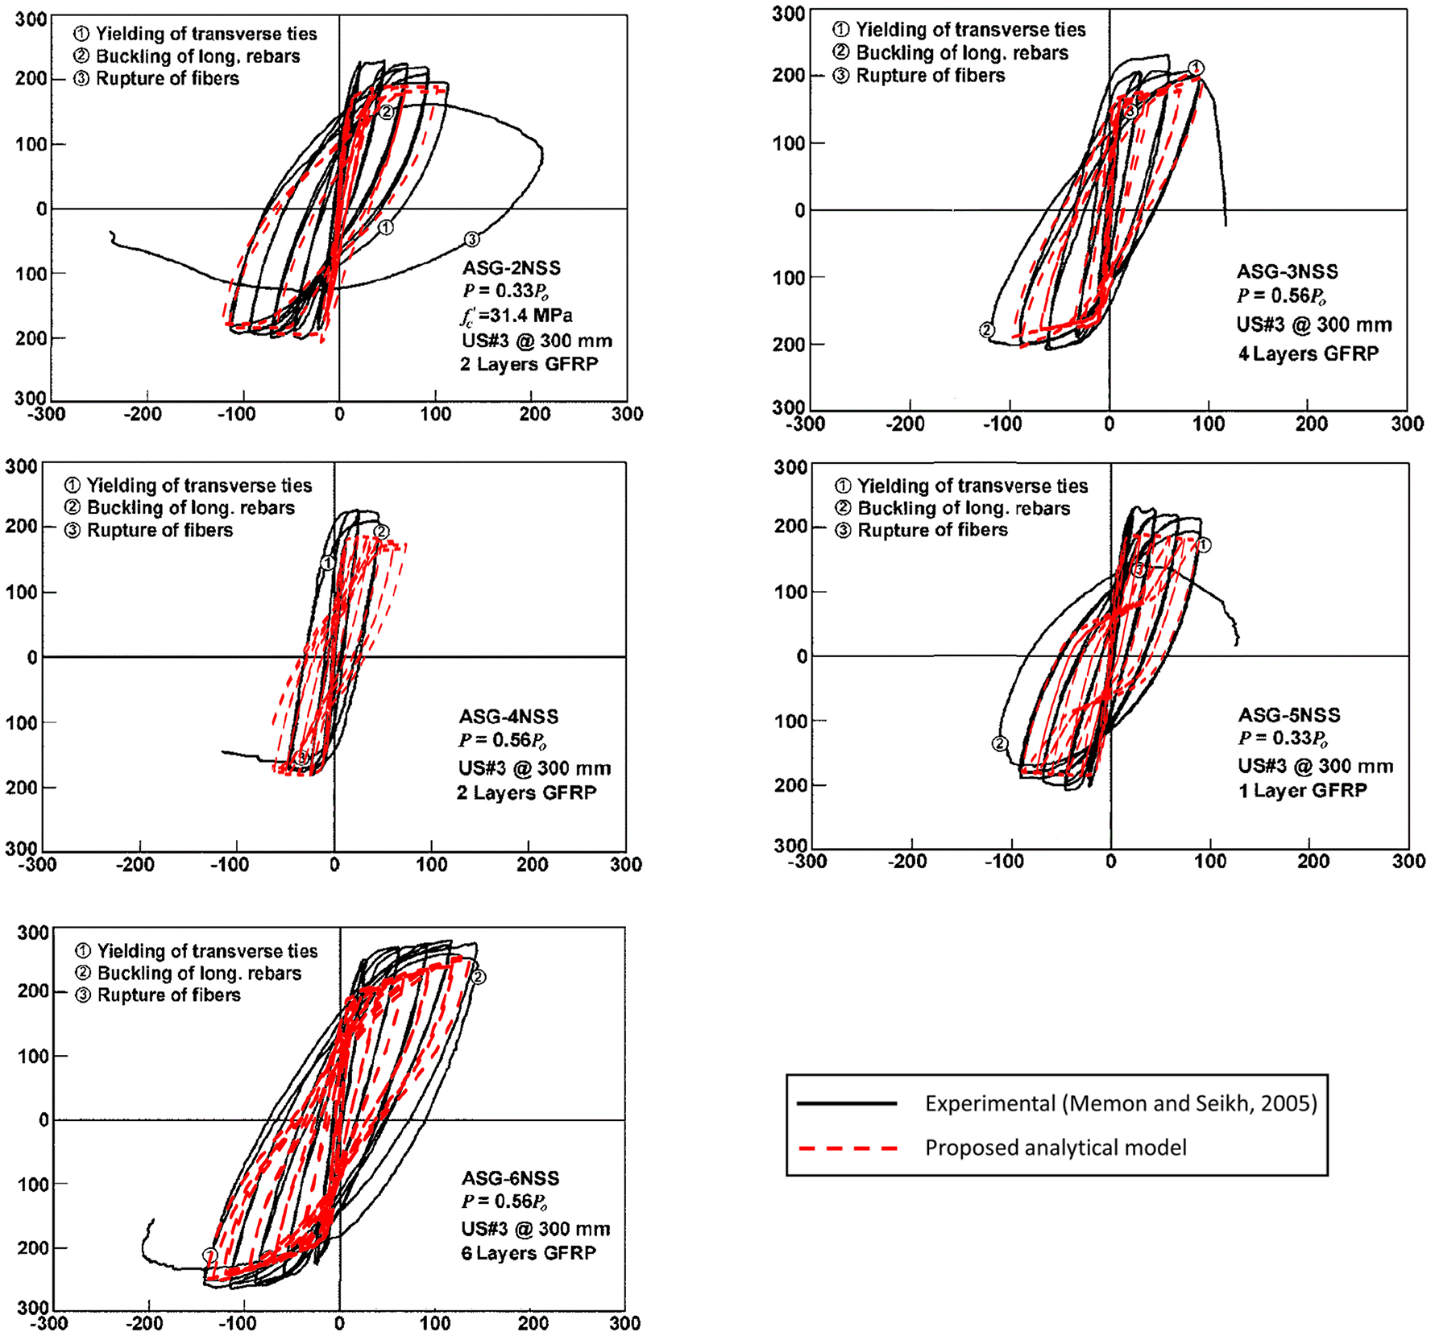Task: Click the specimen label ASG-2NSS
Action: click(x=511, y=268)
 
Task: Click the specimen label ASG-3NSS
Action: click(x=1287, y=271)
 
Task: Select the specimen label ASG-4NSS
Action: click(x=508, y=717)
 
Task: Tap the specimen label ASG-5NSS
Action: click(x=1289, y=715)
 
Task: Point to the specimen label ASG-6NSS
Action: click(x=510, y=1178)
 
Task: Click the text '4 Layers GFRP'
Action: click(x=1309, y=354)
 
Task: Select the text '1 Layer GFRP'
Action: click(x=1302, y=791)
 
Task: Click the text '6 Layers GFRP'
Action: click(x=529, y=1253)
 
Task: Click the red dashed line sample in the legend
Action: click(x=848, y=1148)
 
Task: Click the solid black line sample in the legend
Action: click(x=848, y=1103)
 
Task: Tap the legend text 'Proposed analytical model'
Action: click(x=1056, y=1148)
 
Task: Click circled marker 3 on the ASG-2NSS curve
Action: click(x=472, y=239)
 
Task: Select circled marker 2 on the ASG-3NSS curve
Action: click(x=987, y=329)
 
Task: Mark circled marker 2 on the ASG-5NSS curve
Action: click(x=1000, y=743)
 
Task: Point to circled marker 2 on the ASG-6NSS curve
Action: click(x=479, y=977)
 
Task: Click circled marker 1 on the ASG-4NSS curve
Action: click(x=328, y=563)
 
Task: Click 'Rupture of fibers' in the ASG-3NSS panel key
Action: click(x=930, y=76)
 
